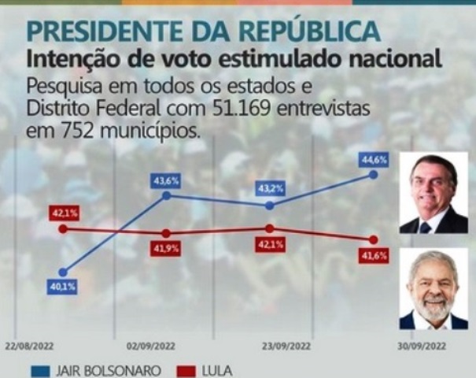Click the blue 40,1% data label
pos(63,287)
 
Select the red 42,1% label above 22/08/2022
pos(63,213)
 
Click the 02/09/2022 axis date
pos(144,345)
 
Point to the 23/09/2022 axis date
pos(282,345)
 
